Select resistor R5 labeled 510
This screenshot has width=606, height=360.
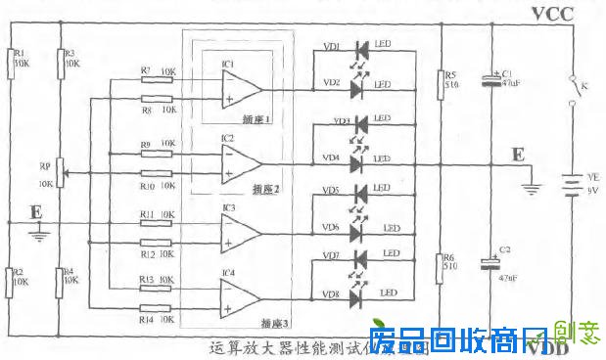click(x=440, y=84)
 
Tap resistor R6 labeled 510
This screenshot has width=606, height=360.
click(x=440, y=265)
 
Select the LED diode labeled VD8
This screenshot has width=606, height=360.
click(x=360, y=293)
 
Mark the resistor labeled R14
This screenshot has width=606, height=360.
click(x=157, y=309)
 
